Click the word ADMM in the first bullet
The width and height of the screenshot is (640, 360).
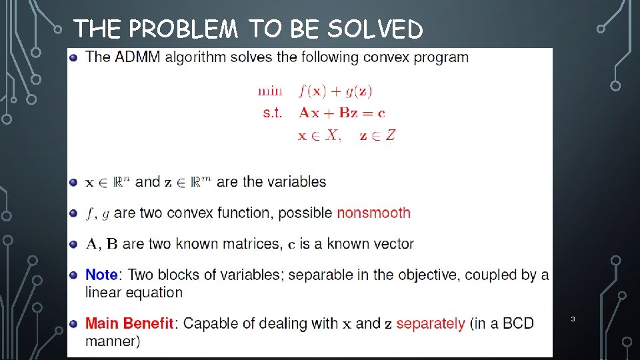(138, 57)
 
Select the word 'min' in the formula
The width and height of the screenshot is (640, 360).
(270, 91)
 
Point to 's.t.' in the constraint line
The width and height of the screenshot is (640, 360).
(273, 113)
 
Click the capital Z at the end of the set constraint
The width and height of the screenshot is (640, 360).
(391, 135)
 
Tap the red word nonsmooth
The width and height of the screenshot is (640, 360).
(373, 213)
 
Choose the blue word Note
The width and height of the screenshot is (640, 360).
(101, 275)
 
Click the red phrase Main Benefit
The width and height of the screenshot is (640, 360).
(129, 324)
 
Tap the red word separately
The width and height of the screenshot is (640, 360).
(431, 324)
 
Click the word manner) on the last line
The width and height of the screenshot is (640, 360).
(112, 341)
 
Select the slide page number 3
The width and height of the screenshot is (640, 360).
(571, 320)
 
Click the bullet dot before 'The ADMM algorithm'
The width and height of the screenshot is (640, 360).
(73, 57)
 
